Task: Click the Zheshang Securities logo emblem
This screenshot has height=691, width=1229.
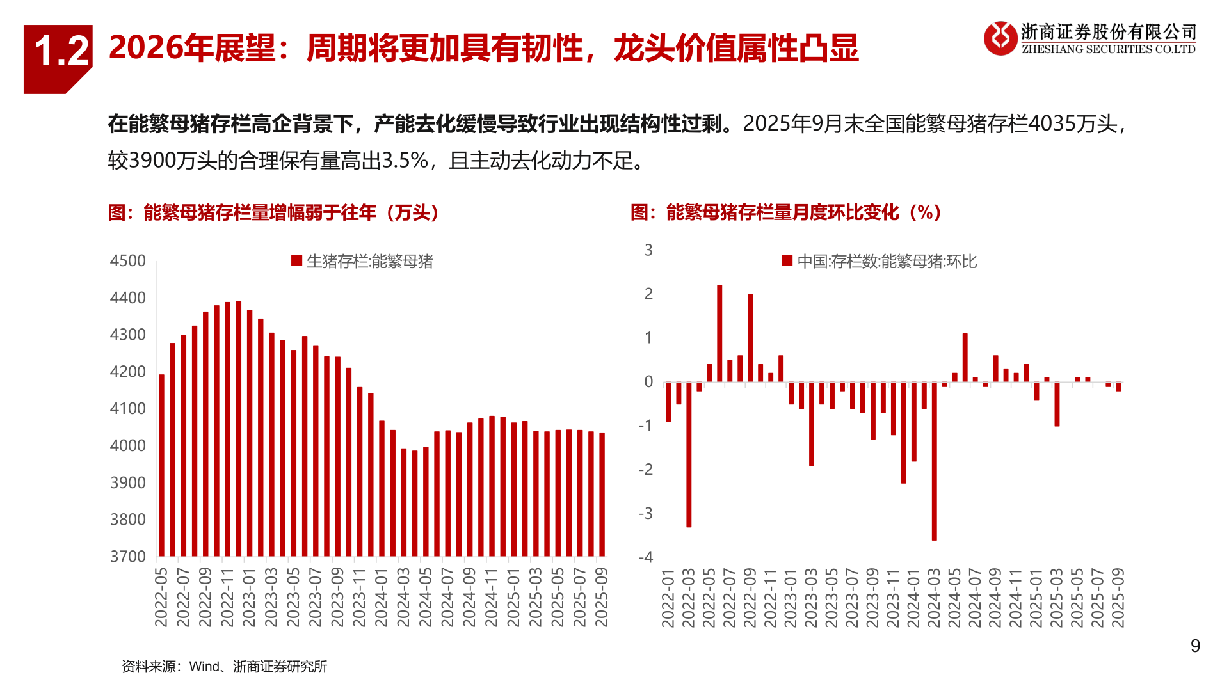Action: [1000, 38]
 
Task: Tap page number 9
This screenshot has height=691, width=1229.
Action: [1194, 646]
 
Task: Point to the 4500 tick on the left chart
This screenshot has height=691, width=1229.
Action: [128, 261]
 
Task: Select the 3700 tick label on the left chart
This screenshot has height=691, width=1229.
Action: [128, 557]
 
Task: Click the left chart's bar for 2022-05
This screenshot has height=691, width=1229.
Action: [161, 465]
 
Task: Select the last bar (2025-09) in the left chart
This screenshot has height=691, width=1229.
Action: [602, 494]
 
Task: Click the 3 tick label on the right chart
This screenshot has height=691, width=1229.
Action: [648, 250]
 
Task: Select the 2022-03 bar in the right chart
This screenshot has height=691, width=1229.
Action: [689, 454]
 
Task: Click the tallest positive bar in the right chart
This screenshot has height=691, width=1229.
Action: [719, 333]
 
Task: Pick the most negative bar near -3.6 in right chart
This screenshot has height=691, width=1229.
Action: [935, 461]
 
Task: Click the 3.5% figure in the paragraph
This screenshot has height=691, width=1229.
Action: [405, 160]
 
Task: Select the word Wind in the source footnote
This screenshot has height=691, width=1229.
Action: [204, 667]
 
